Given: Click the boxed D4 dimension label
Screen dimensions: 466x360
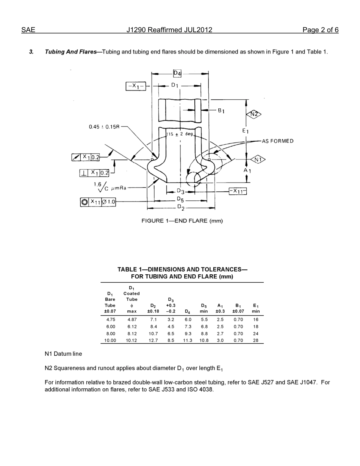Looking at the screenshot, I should (177, 73).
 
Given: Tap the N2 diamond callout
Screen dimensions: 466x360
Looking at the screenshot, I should (254, 114).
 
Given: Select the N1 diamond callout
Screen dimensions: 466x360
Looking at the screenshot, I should (258, 160).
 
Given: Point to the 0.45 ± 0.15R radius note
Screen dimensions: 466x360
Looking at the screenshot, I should (104, 127).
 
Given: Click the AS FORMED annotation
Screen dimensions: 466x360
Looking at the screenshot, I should (277, 141).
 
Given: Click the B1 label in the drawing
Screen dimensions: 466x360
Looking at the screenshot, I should (221, 111).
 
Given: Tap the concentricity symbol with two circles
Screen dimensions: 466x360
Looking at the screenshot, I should (84, 202).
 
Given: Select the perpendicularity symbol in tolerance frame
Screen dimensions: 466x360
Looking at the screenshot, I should (84, 173).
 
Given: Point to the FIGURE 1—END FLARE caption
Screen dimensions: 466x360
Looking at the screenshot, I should (182, 220).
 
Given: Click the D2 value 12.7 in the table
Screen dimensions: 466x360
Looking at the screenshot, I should (153, 340).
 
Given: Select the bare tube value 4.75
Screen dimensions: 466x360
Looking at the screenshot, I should (110, 319).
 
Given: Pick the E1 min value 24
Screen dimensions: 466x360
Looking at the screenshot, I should (256, 333).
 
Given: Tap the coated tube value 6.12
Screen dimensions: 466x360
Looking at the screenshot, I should (131, 327).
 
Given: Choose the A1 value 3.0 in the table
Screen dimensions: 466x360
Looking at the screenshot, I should (220, 340).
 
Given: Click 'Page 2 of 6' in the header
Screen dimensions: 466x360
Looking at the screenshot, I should (320, 30).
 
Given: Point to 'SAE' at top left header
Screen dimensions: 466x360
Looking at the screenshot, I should (28, 30).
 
